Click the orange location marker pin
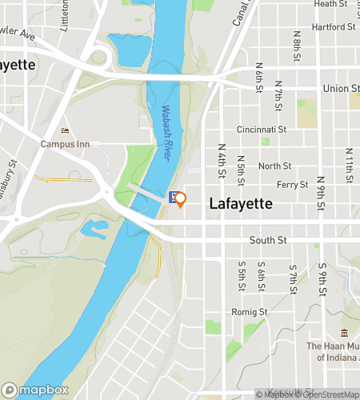coord(181,199)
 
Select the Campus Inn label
coord(66,145)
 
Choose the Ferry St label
coord(292,185)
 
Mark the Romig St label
coord(251,311)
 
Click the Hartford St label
coord(334,26)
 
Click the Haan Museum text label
coord(334,351)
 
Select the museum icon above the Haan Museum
coord(344,332)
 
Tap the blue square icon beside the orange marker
coord(173,196)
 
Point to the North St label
coord(274,166)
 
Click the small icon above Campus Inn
coord(66,131)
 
